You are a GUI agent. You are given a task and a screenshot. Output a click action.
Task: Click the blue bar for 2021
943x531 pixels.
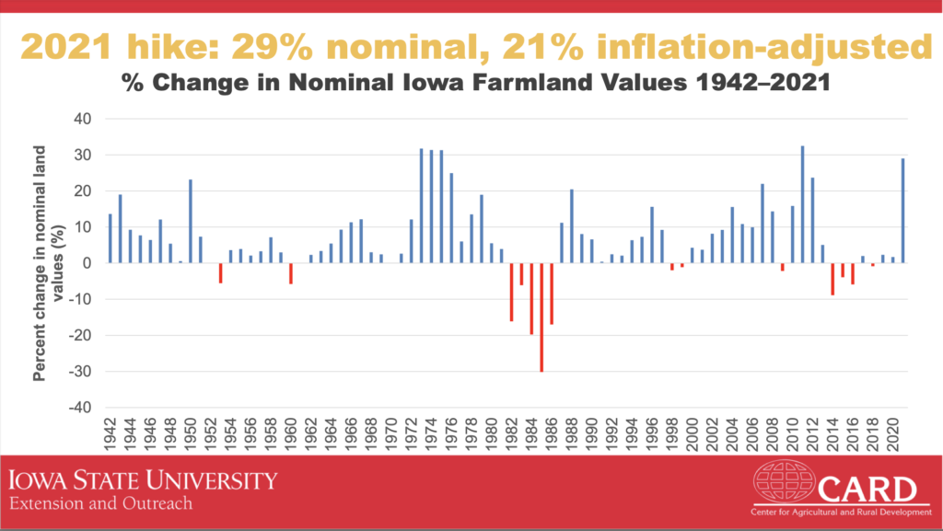(x=902, y=211)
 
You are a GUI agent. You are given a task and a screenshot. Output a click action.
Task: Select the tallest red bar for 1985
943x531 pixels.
(x=541, y=317)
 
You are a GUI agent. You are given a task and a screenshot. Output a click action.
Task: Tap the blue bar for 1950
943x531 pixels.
(x=191, y=221)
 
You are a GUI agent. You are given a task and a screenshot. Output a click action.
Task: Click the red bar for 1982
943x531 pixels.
(x=511, y=292)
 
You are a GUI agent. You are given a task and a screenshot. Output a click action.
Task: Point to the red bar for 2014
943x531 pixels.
(x=832, y=279)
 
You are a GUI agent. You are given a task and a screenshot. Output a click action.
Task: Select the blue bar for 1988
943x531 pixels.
(x=571, y=225)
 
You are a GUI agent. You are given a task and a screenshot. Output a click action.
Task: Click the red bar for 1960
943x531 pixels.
(x=291, y=273)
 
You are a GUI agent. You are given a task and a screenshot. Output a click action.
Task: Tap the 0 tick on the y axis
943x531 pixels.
(x=87, y=263)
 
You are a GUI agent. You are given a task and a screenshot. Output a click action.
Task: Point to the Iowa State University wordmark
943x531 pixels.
(x=143, y=481)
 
